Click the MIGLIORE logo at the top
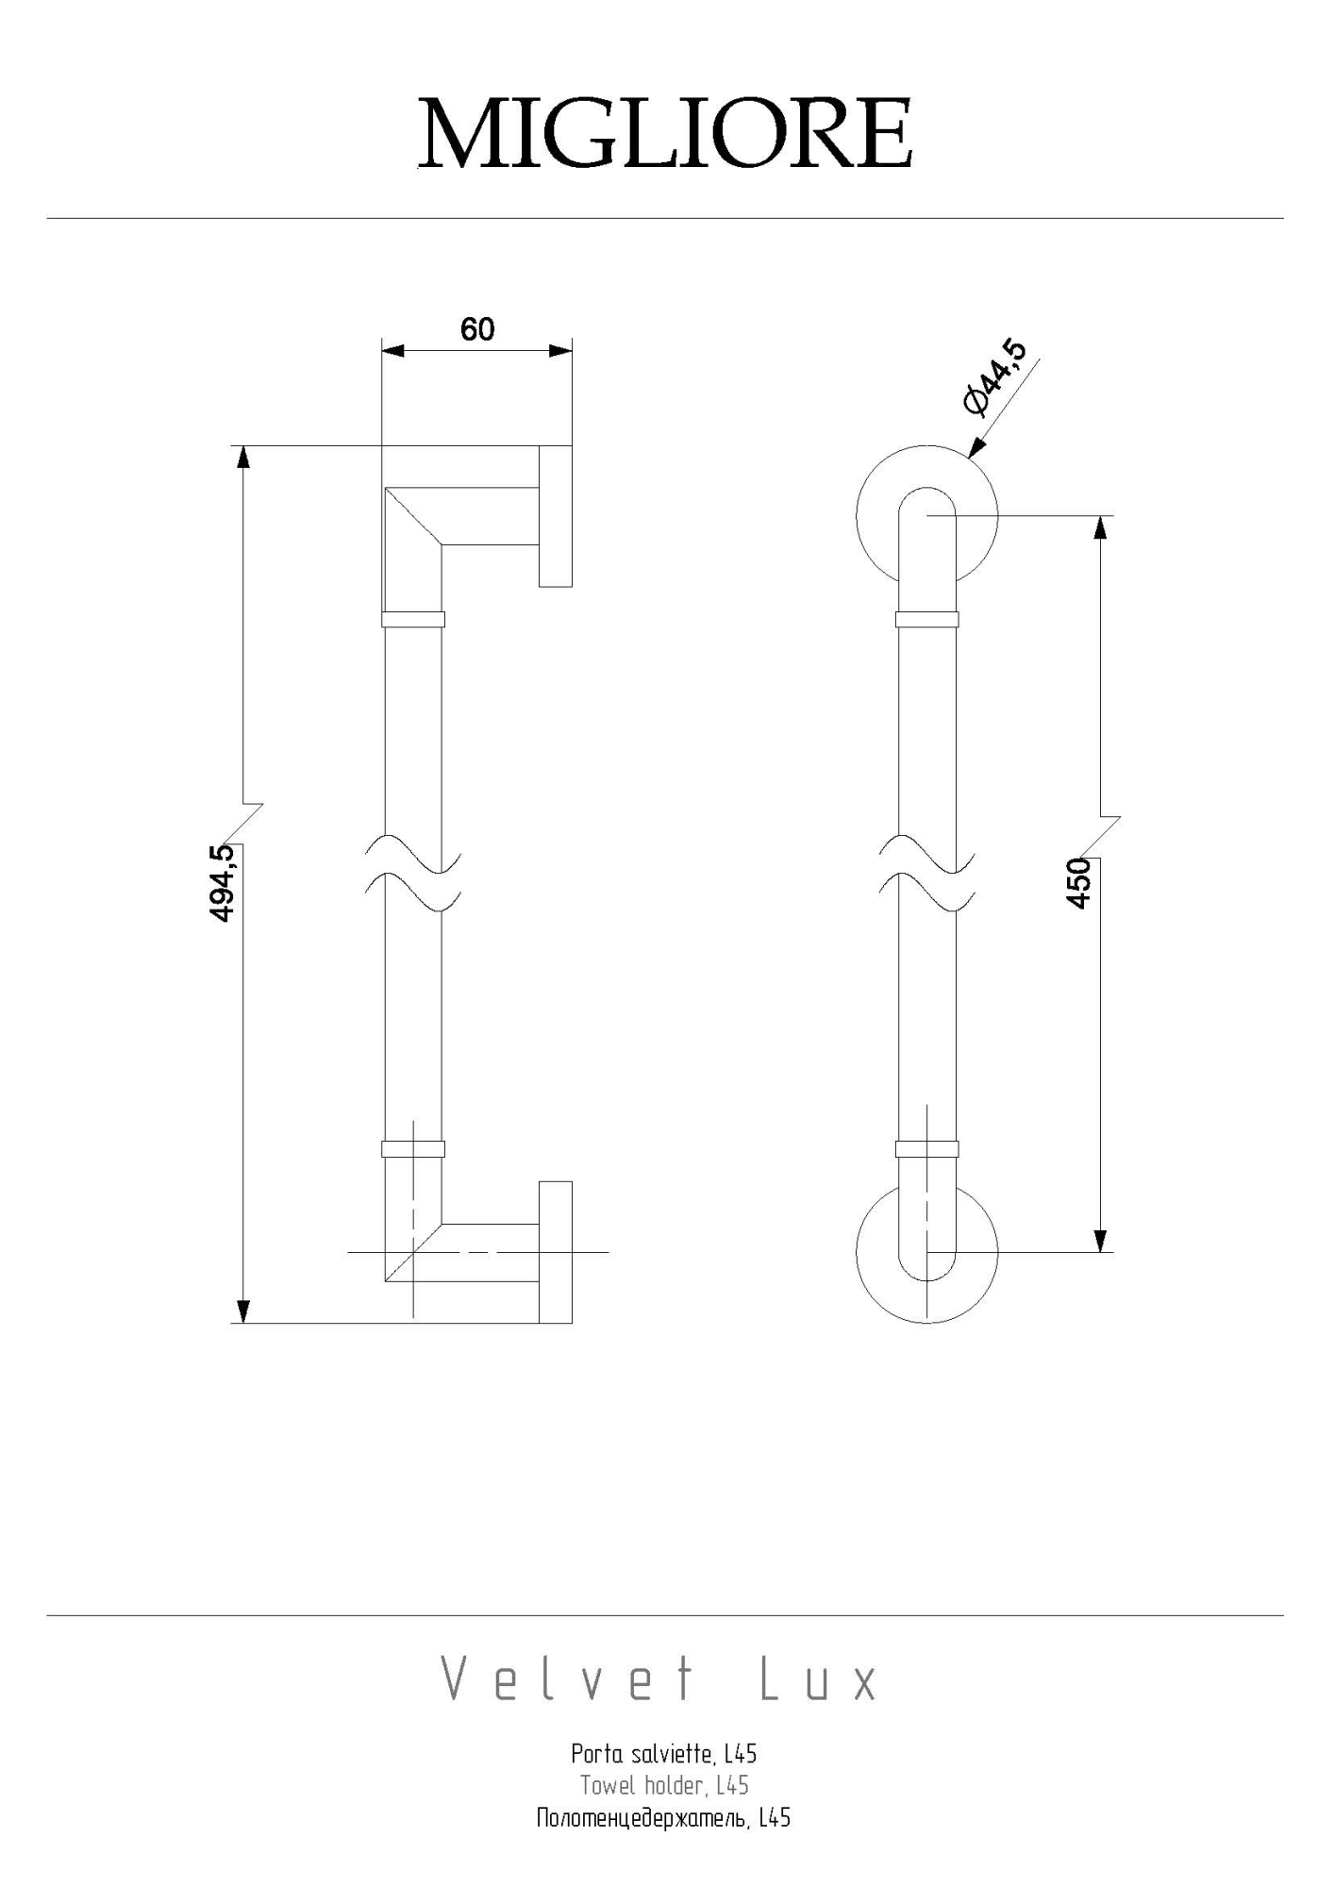click(x=665, y=131)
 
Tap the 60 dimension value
click(x=477, y=329)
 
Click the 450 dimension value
click(x=1078, y=883)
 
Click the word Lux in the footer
click(x=819, y=1680)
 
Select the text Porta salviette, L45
click(x=664, y=1754)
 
